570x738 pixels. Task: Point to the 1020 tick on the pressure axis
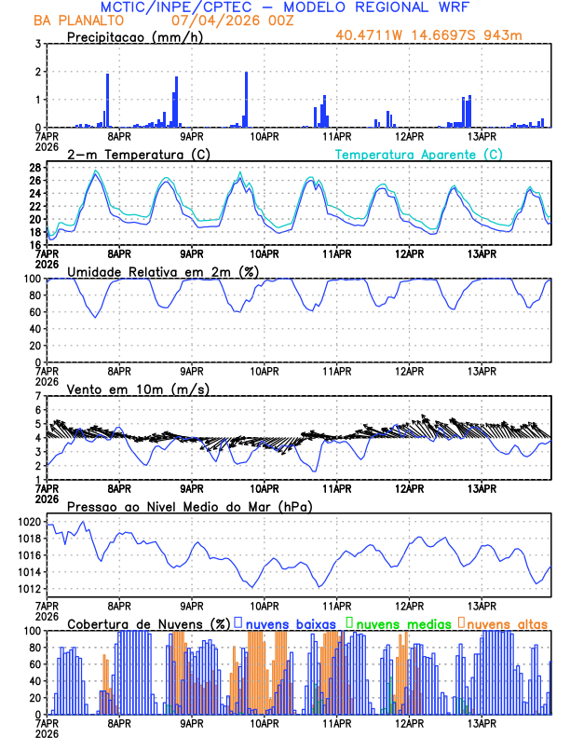29,522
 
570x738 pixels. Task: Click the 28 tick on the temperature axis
34,168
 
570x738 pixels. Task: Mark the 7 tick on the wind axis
38,395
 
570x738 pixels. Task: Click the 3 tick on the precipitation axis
38,44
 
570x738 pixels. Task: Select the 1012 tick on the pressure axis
29,589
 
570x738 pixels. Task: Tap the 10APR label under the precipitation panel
265,136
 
